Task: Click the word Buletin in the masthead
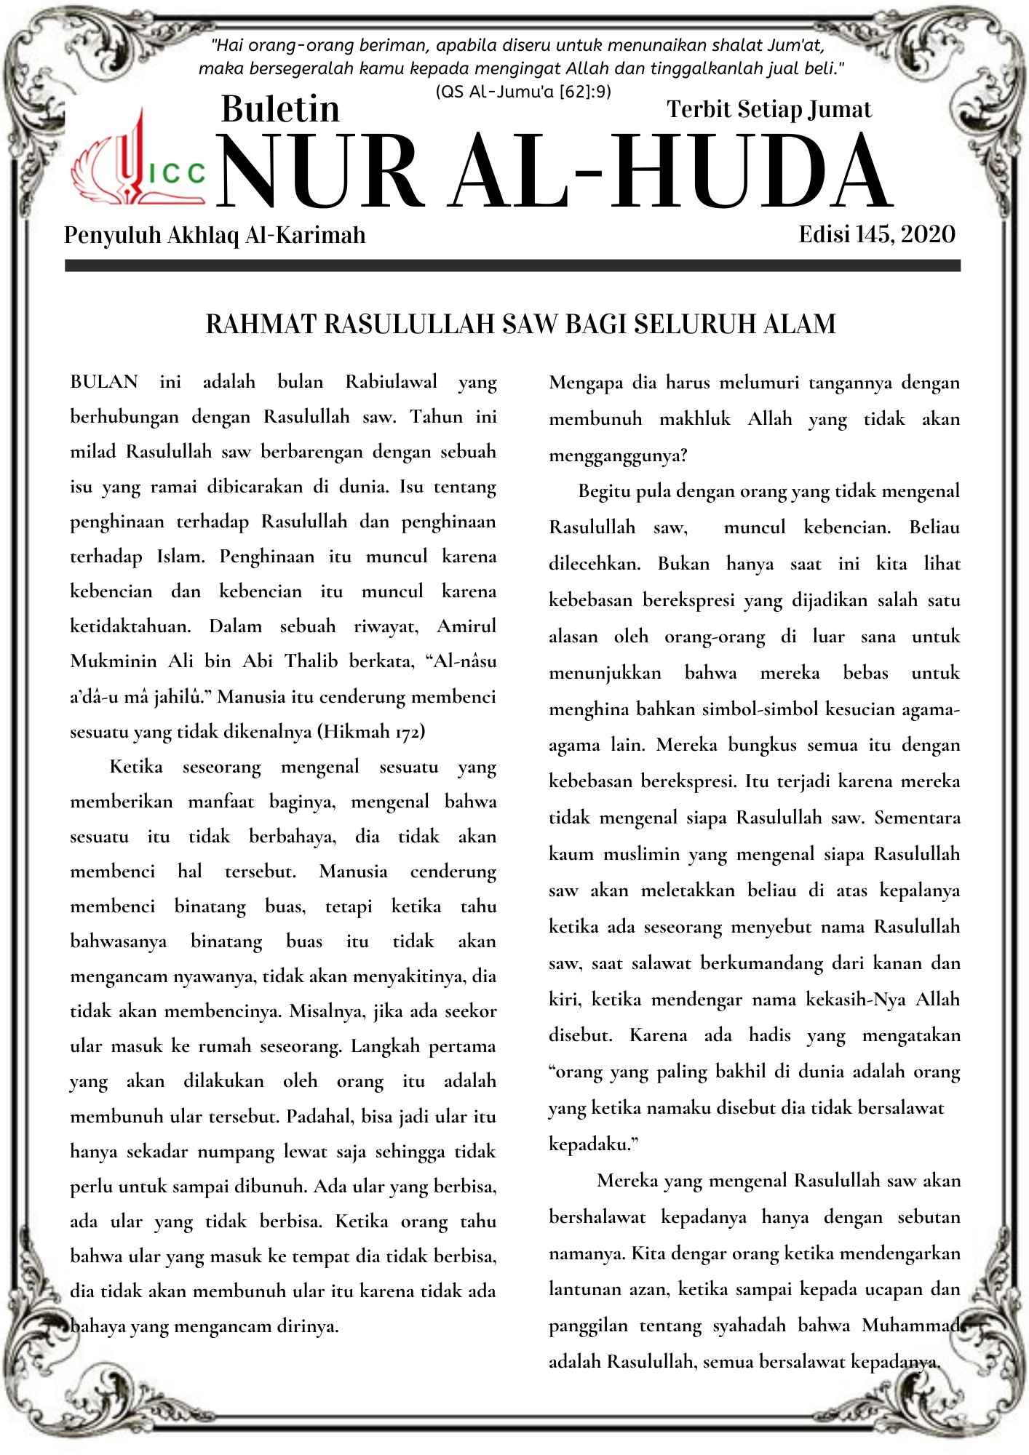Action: [280, 109]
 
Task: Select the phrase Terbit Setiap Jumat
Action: [768, 109]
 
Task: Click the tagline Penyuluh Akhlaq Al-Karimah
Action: [215, 235]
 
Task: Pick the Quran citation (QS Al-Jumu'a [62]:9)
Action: [523, 92]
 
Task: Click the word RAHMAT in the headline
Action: [261, 324]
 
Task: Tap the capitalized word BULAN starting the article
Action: [104, 382]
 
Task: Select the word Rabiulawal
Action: [391, 382]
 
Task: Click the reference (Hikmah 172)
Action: [371, 731]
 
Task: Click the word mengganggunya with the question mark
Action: [618, 456]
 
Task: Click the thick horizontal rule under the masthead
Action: [512, 266]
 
